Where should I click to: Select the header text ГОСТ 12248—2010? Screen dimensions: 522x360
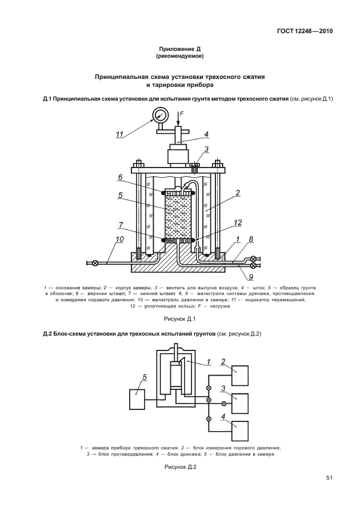pyautogui.click(x=302, y=31)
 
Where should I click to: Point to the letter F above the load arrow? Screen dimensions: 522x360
pyautogui.click(x=181, y=114)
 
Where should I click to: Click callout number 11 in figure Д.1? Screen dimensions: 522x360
pyautogui.click(x=119, y=134)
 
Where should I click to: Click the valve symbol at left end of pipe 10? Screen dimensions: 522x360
pyautogui.click(x=95, y=262)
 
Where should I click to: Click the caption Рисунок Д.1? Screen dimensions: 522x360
pyautogui.click(x=179, y=318)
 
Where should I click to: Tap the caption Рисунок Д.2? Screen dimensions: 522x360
pyautogui.click(x=180, y=467)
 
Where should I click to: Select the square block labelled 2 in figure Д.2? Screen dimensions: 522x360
pyautogui.click(x=240, y=376)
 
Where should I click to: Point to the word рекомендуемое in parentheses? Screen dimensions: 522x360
pyautogui.click(x=179, y=57)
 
